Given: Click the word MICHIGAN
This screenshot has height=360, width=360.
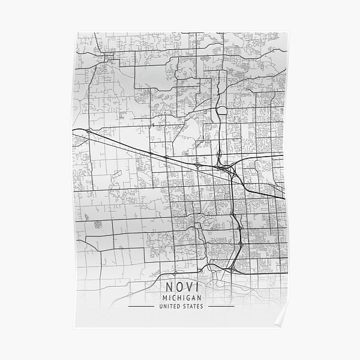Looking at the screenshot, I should (179, 298).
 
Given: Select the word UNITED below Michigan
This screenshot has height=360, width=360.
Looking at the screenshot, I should (169, 307).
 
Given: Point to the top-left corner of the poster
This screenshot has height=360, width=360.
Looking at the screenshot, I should (75, 34).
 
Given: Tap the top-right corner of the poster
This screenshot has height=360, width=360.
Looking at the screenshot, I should (286, 34).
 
